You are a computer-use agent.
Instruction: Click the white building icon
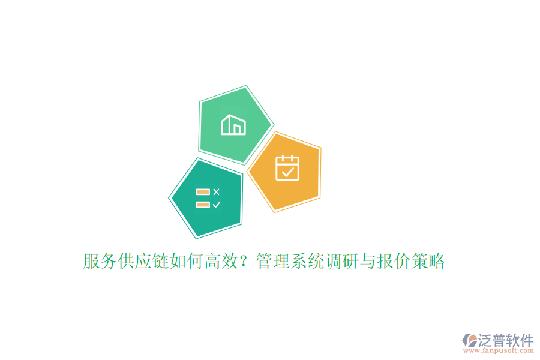233,125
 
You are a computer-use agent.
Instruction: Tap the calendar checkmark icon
287,168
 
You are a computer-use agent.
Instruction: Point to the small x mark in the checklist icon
217,192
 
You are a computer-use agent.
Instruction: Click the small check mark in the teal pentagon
217,205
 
